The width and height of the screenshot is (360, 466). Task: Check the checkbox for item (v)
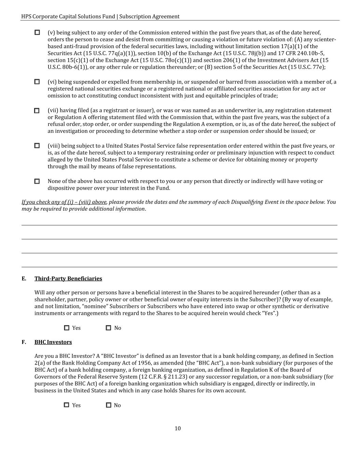click(37, 32)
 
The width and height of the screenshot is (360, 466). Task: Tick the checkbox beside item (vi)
click(37, 82)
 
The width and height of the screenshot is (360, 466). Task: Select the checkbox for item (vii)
click(37, 111)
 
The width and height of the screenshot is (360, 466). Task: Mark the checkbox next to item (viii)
click(37, 145)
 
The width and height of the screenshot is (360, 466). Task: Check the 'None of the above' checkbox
click(37, 181)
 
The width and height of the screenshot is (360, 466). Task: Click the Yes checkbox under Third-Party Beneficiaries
click(67, 328)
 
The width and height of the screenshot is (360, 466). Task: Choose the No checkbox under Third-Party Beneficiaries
click(109, 328)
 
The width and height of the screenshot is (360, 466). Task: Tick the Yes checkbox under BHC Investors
click(67, 405)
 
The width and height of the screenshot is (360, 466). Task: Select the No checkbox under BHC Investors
click(109, 405)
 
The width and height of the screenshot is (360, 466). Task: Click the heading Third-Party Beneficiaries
click(68, 279)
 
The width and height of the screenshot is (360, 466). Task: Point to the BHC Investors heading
click(53, 342)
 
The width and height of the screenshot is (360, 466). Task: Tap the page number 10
click(177, 428)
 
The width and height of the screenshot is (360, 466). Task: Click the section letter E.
click(24, 279)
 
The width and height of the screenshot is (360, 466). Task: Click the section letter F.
click(24, 342)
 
